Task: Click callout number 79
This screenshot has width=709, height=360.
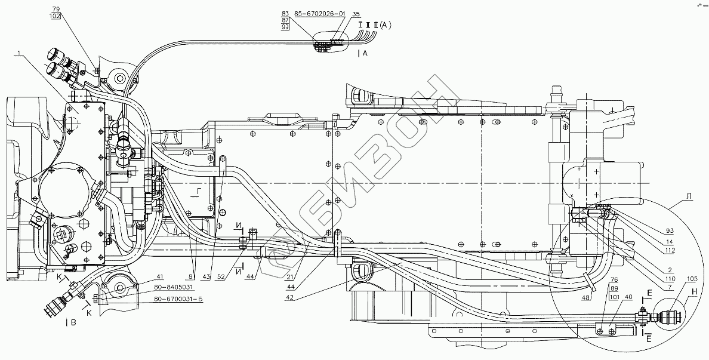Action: click(56, 10)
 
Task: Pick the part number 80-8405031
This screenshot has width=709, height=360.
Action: click(172, 288)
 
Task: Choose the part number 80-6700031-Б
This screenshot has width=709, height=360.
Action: click(178, 299)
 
